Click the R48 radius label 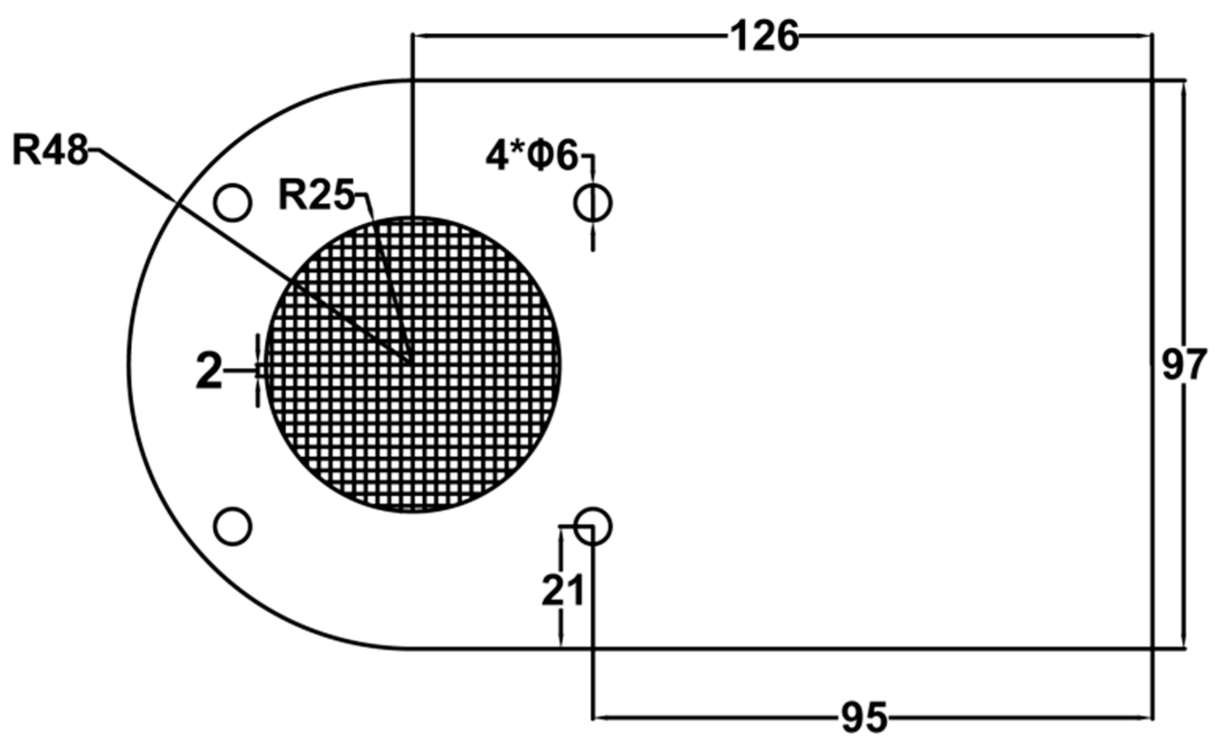50,150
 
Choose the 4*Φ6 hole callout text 531,156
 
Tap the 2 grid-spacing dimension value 209,372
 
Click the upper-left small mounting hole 232,202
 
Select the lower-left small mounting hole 232,526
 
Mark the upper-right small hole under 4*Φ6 592,202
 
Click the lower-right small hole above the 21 592,526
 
